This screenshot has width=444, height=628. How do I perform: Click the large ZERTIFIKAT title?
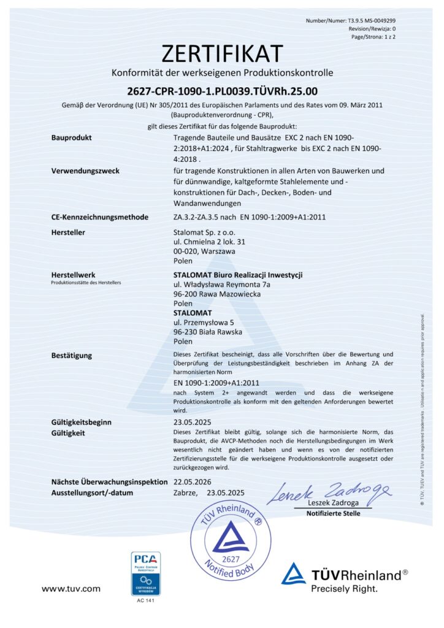[222, 53]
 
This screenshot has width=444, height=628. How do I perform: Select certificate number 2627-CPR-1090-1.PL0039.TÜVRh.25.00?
[222, 92]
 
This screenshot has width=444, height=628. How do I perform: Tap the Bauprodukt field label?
[71, 137]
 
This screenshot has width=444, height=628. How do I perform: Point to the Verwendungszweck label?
[84, 170]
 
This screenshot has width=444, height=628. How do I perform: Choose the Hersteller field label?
[68, 232]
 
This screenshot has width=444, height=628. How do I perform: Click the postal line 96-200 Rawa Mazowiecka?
[217, 294]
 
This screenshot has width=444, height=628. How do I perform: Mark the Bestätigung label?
[72, 355]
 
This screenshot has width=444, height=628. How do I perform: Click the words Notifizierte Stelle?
[333, 513]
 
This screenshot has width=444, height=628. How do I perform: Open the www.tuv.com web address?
[71, 589]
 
